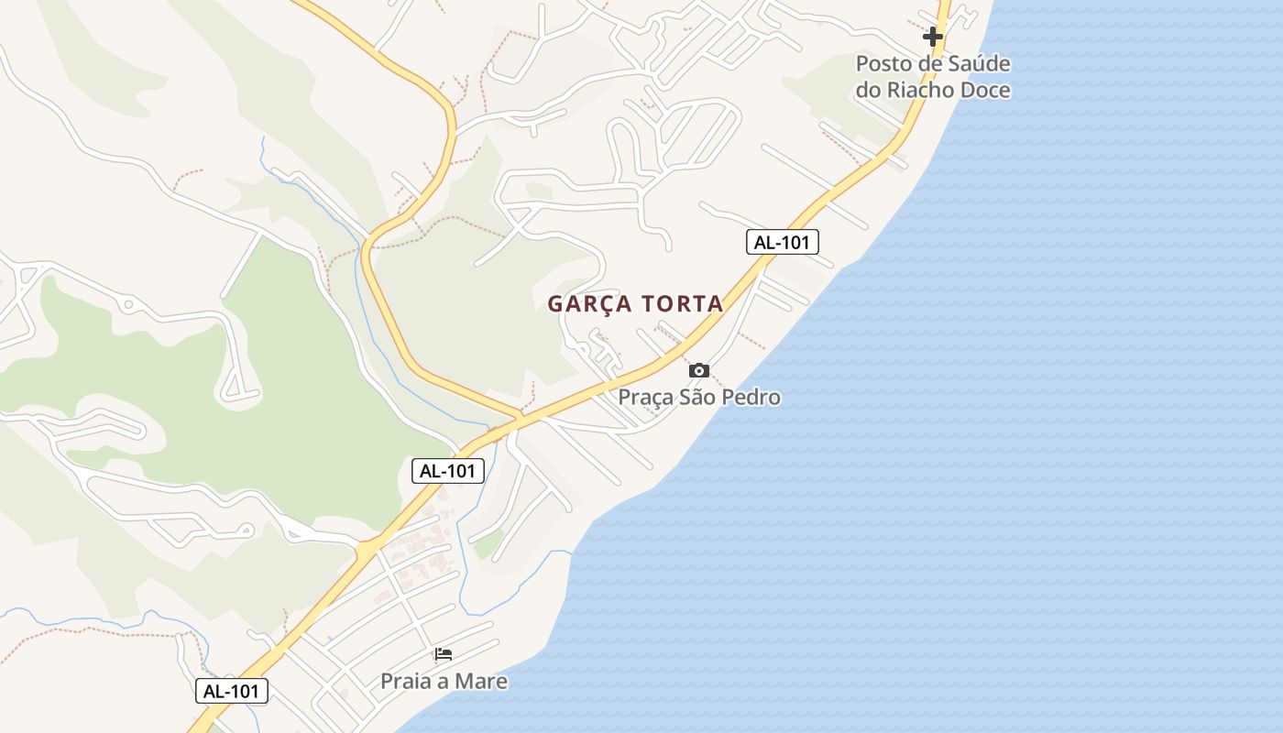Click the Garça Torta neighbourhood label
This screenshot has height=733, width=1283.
[x=635, y=303]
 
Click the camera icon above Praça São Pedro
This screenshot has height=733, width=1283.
[x=699, y=370]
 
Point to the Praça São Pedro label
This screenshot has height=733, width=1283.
[x=699, y=397]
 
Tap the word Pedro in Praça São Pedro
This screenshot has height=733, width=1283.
[x=751, y=397]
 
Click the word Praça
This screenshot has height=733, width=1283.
[x=645, y=398]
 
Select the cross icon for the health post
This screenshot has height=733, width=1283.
[x=933, y=37]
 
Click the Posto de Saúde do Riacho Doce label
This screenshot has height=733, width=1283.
[x=933, y=77]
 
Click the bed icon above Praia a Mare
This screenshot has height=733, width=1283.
[x=444, y=654]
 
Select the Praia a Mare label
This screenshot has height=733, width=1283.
[x=444, y=681]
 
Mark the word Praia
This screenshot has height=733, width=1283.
[x=406, y=681]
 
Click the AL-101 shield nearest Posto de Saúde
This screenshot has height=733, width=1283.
[x=782, y=242]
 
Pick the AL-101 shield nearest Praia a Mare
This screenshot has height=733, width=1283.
[x=232, y=691]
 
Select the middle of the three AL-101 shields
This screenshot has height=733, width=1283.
[x=447, y=471]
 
